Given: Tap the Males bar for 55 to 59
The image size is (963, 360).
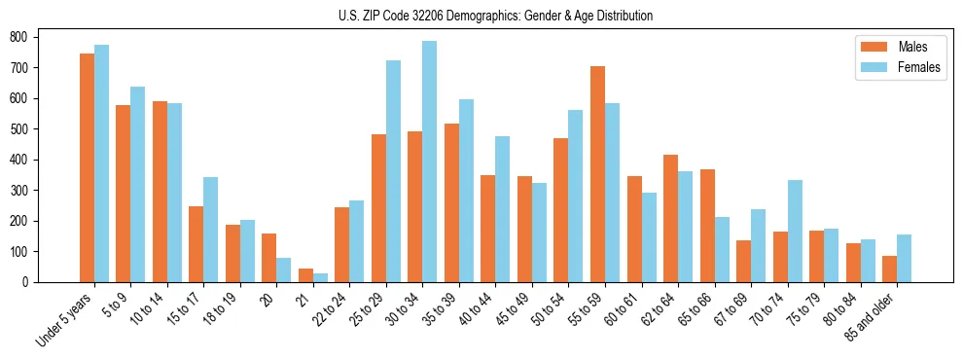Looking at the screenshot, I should (x=597, y=174).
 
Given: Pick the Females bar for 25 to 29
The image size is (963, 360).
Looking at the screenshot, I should (x=393, y=171).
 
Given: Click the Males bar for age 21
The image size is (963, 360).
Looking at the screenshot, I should (x=305, y=275).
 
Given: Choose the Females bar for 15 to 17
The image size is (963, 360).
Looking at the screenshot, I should (x=211, y=230).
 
